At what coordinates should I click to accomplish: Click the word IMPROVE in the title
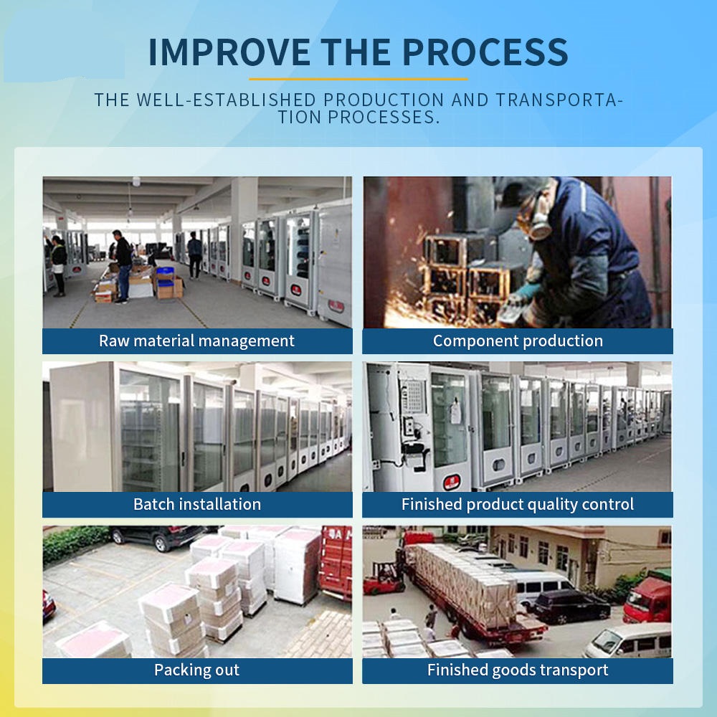229,52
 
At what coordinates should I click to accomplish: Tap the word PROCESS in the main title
485,52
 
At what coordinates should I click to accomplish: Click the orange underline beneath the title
358,79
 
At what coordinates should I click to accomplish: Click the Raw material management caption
196,341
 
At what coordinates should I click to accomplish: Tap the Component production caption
518,341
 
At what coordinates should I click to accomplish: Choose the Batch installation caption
197,504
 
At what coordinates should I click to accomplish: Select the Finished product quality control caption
518,504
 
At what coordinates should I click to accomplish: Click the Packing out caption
196,670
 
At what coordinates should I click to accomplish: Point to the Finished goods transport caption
518,670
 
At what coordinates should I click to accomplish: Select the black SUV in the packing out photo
158,536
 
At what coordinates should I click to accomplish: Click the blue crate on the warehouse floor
165,276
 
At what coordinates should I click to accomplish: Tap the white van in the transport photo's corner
629,641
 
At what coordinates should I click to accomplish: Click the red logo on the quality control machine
452,482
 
